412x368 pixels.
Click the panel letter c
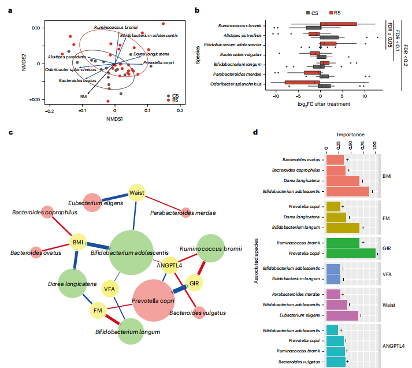10,132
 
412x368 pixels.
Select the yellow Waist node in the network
136,193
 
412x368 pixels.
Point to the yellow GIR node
195,283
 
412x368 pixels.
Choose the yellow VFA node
109,288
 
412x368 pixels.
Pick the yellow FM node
98,311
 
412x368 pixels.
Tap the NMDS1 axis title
114,119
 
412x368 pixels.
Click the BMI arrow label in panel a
84,96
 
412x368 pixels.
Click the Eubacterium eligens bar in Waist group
342,315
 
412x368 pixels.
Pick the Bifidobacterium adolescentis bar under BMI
347,191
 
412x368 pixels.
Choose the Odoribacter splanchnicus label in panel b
237,84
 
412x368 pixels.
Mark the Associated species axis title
255,258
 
